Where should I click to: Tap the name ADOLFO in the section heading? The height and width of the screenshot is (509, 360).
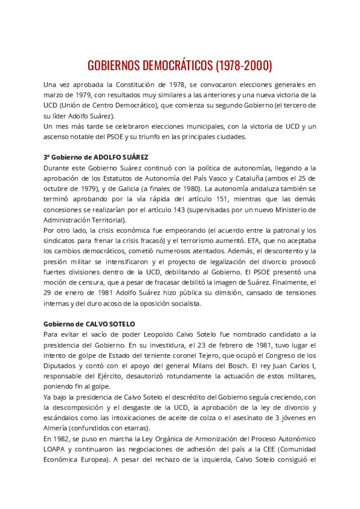[x=103, y=157]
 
